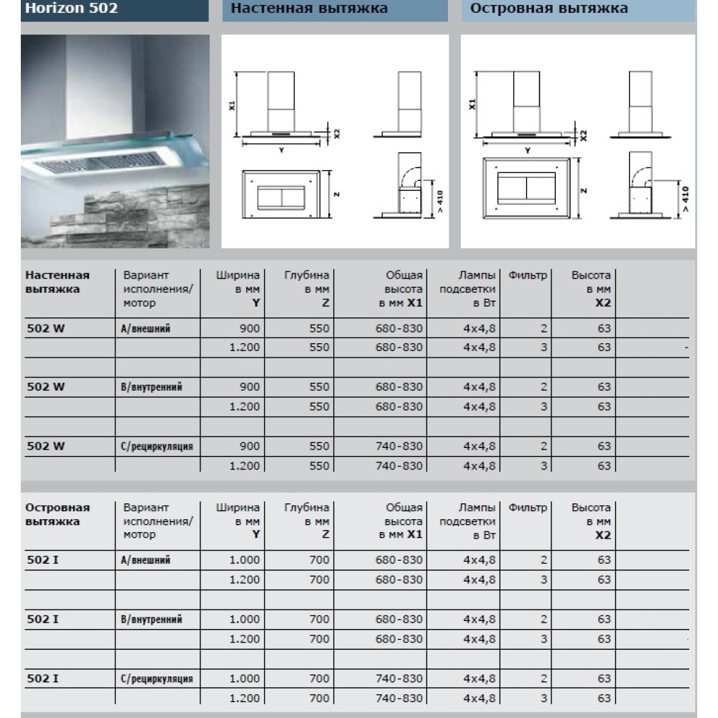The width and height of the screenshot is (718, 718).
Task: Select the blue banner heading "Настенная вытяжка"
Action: (x=309, y=9)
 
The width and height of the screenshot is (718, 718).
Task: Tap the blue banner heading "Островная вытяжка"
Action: (x=549, y=9)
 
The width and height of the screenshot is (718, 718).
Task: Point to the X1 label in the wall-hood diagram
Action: (x=233, y=105)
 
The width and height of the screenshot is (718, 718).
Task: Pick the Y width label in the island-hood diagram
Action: (x=528, y=150)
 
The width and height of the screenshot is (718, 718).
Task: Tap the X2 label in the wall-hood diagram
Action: (x=336, y=133)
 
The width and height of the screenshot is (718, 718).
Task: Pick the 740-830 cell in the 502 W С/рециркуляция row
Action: (x=399, y=446)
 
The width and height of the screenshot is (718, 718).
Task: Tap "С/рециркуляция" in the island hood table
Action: (x=157, y=679)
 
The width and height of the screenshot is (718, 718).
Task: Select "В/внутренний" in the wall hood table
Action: (x=152, y=387)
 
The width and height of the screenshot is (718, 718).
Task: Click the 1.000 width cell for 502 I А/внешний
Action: (x=245, y=560)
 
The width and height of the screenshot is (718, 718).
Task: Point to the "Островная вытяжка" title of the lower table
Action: (x=57, y=514)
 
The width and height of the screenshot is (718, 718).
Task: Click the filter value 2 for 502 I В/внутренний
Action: (x=544, y=619)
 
